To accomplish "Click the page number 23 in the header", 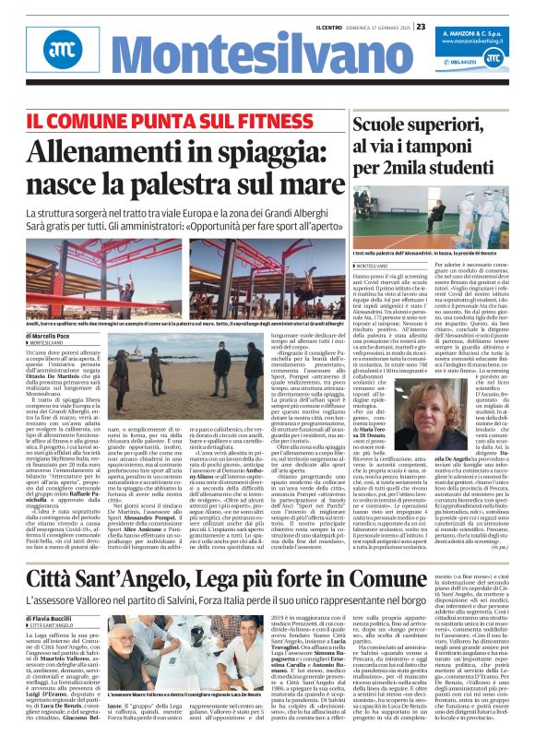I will tap(421, 26).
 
